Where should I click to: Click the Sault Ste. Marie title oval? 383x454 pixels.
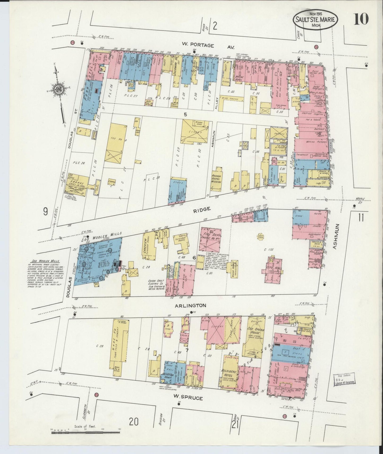[315, 20]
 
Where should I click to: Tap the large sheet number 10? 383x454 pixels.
[361, 19]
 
